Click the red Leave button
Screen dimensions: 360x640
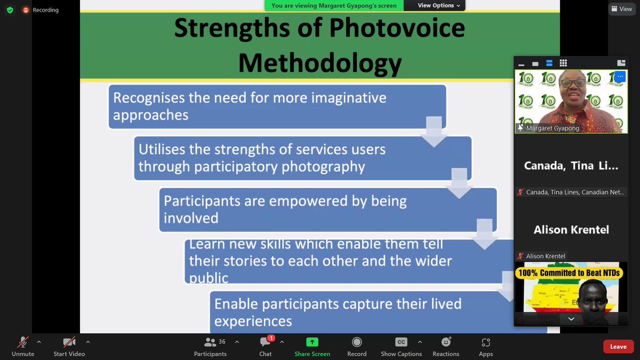618,347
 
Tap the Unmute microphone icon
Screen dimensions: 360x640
23,342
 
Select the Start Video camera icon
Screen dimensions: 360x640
69,342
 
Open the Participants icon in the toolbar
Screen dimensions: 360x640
210,342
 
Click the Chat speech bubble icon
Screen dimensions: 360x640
265,342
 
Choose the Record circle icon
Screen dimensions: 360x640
357,342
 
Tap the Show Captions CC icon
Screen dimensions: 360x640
401,342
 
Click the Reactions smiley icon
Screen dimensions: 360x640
446,342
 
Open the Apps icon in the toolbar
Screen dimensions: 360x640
485,342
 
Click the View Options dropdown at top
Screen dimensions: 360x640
435,5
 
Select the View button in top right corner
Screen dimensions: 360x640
621,9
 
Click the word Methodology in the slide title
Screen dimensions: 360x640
319,63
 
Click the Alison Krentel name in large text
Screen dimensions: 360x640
571,230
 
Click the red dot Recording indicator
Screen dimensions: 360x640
26,10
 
